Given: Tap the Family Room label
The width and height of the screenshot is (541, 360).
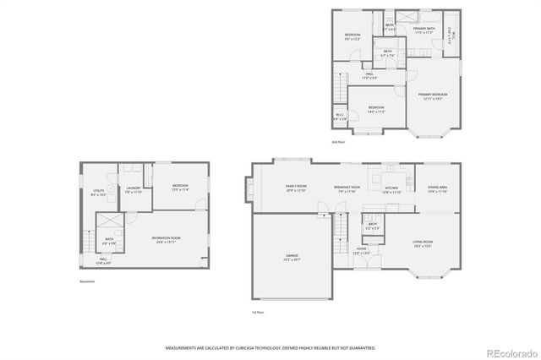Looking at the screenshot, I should [x=296, y=188].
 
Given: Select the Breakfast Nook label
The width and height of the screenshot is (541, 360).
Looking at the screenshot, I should [x=347, y=188].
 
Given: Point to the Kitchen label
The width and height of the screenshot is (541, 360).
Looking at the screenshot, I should [x=391, y=188].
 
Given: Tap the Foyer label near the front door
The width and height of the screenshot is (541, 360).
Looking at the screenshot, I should [x=361, y=250].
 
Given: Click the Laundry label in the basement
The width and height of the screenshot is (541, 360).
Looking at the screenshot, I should [x=133, y=189].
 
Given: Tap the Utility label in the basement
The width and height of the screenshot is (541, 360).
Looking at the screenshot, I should [x=99, y=192].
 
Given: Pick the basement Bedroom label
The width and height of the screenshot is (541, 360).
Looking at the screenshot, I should [x=180, y=187].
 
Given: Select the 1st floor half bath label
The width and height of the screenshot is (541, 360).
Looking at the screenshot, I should [x=373, y=226].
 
